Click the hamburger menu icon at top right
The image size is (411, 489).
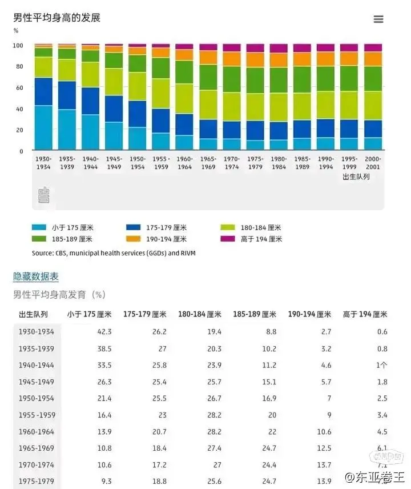click(x=378, y=19)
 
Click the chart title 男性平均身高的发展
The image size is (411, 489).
click(x=57, y=18)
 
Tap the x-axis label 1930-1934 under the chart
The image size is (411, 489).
click(x=43, y=163)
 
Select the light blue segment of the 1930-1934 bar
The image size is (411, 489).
click(x=43, y=127)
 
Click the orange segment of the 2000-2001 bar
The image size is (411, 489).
click(x=373, y=59)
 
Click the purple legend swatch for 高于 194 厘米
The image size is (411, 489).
click(x=228, y=239)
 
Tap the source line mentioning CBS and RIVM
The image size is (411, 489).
click(x=114, y=252)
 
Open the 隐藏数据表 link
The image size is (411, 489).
click(x=36, y=276)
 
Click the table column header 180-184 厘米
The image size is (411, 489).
click(x=199, y=314)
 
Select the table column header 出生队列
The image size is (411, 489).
click(x=33, y=314)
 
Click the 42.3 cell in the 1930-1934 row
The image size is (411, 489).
click(x=104, y=332)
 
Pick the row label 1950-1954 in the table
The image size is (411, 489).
click(x=37, y=398)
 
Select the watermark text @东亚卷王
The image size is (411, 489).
click(x=373, y=476)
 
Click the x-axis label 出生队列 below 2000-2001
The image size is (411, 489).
click(x=356, y=177)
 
